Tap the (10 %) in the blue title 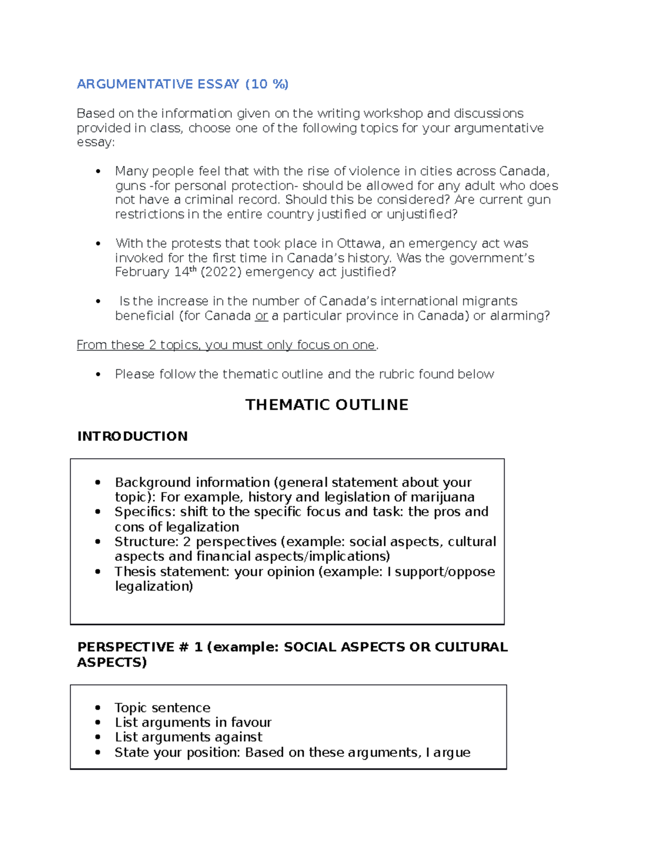pyautogui.click(x=267, y=84)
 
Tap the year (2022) pyautogui.click(x=221, y=272)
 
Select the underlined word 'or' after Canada pyautogui.click(x=262, y=316)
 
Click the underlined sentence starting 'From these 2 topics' pyautogui.click(x=226, y=345)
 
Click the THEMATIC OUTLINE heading pyautogui.click(x=326, y=405)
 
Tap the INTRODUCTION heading pyautogui.click(x=132, y=436)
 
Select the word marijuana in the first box pyautogui.click(x=442, y=497)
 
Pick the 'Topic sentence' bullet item pyautogui.click(x=162, y=708)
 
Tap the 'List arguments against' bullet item pyautogui.click(x=189, y=738)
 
